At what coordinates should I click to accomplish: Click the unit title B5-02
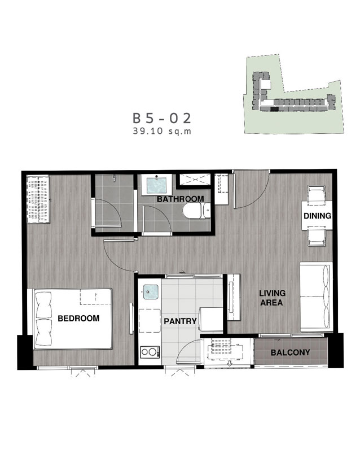(162, 119)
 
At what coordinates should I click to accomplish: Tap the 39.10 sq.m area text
(162, 132)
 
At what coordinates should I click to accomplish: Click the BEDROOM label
(78, 319)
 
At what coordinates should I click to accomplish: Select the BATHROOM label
(181, 199)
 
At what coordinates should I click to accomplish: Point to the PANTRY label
(181, 321)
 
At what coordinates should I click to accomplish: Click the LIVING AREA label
(272, 298)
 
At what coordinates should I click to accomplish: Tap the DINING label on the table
(317, 216)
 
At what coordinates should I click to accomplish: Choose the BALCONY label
(290, 352)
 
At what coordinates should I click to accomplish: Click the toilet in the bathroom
(196, 210)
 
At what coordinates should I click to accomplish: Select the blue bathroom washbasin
(156, 185)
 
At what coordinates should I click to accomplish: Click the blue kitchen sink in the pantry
(150, 292)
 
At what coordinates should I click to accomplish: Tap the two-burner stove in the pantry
(150, 352)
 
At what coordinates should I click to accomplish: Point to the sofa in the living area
(316, 297)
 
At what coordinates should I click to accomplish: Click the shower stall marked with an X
(194, 180)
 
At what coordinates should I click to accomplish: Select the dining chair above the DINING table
(317, 193)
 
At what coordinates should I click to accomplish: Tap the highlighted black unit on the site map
(274, 109)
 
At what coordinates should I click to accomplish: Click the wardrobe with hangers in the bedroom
(38, 199)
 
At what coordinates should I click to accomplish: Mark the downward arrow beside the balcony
(229, 363)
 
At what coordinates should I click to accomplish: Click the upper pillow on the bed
(43, 305)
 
